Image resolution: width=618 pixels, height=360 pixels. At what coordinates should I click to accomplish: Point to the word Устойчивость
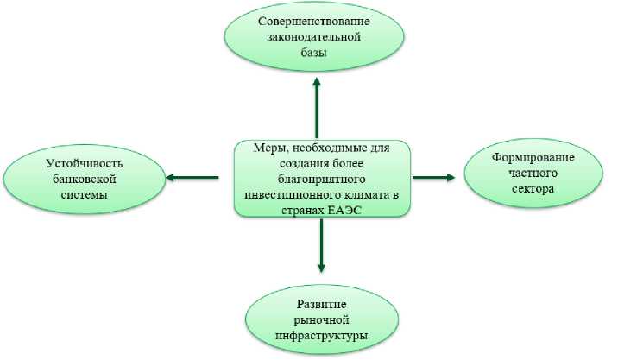(x=85, y=163)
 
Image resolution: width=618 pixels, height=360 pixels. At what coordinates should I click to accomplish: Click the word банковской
(x=85, y=179)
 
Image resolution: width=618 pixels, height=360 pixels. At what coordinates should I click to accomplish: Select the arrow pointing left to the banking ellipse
(x=191, y=178)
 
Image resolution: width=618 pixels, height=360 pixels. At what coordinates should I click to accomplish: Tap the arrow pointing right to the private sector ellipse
(x=433, y=177)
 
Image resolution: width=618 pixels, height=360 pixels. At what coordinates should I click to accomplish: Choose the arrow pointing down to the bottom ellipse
(x=320, y=247)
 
